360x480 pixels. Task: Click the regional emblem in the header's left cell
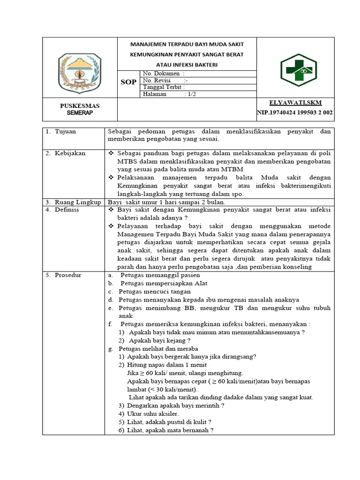pos(79,71)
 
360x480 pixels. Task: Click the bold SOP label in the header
pos(128,82)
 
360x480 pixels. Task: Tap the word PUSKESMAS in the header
pos(79,105)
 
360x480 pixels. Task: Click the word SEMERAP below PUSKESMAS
pos(79,113)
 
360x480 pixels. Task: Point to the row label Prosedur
pos(67,275)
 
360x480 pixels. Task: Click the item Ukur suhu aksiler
pos(153,414)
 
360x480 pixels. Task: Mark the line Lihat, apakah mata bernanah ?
pos(170,430)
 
